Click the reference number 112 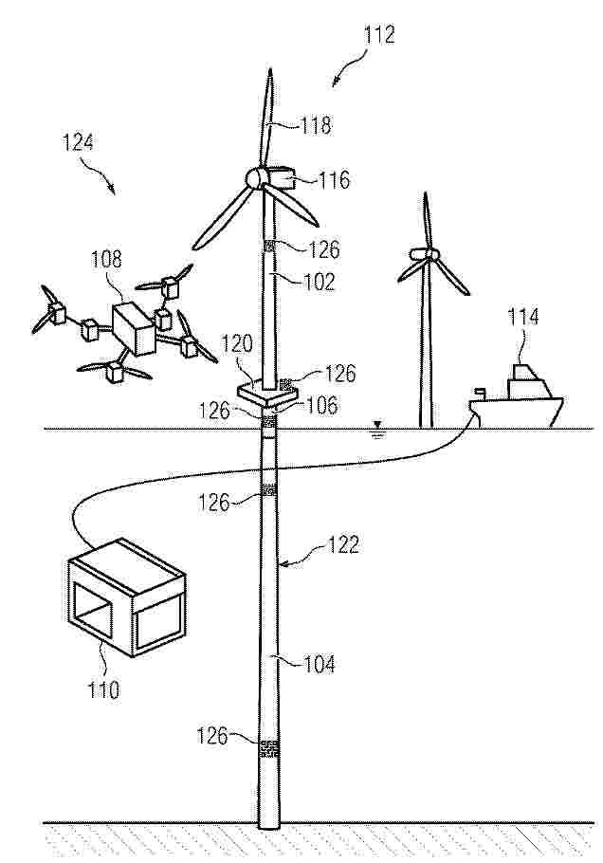click(x=379, y=35)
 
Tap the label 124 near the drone click(x=78, y=142)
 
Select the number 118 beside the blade click(x=316, y=125)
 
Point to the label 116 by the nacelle click(x=334, y=179)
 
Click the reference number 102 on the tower click(x=320, y=282)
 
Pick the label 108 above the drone click(x=106, y=259)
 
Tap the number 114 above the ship click(x=522, y=317)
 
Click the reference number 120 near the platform click(x=237, y=344)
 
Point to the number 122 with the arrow click(x=343, y=545)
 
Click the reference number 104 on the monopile click(x=320, y=664)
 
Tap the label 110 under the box click(x=103, y=689)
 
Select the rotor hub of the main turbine click(x=255, y=177)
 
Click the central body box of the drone click(x=134, y=328)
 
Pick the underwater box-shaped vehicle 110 click(x=126, y=597)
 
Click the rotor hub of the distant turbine click(x=425, y=254)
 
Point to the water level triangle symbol click(x=377, y=425)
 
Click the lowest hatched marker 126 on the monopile click(x=268, y=749)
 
